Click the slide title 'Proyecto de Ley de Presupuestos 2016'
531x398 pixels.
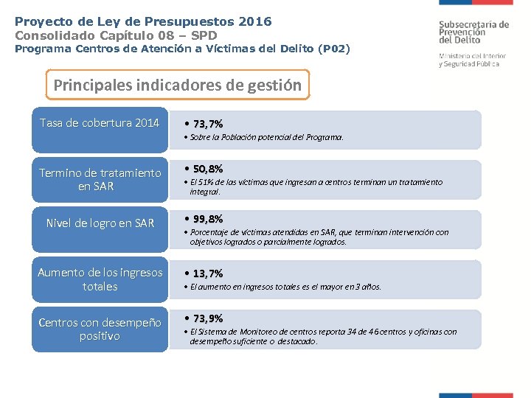(143, 21)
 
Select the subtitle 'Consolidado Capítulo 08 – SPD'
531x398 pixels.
(116, 35)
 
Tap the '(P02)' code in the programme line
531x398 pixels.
(333, 49)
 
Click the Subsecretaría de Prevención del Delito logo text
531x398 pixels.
(473, 32)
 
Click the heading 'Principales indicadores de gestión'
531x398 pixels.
(178, 85)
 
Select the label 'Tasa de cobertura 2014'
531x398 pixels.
(100, 122)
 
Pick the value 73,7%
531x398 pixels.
(207, 124)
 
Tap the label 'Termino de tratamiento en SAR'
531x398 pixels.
(100, 179)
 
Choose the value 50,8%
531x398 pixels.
(207, 169)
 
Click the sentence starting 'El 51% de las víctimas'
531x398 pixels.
(316, 186)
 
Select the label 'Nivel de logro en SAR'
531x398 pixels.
(100, 223)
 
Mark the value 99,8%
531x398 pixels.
(207, 219)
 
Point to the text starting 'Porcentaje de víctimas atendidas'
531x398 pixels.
(319, 237)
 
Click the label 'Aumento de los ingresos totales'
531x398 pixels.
(100, 279)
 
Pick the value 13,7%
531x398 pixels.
(207, 273)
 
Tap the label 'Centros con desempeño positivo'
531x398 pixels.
(100, 329)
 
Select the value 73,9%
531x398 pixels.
(207, 318)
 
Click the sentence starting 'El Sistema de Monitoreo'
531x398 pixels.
(323, 336)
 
